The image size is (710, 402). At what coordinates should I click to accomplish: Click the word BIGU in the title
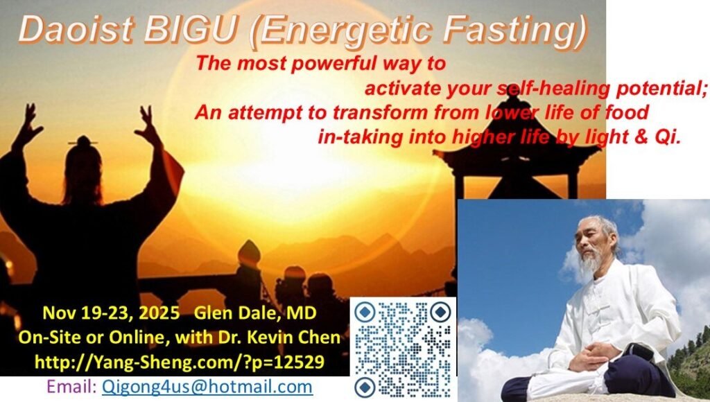click(191, 30)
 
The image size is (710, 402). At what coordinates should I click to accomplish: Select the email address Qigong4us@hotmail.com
click(207, 387)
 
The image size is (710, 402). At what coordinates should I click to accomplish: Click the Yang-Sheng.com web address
click(180, 362)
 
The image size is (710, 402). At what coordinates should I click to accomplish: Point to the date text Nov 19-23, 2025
click(111, 313)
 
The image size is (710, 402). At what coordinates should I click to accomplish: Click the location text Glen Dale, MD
click(255, 313)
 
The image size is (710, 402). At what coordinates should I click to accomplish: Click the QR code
click(403, 349)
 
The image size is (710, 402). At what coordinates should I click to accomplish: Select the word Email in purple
click(71, 387)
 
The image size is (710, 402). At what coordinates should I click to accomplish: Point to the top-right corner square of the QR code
click(440, 312)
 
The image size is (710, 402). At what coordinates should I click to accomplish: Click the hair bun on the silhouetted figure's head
click(83, 142)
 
